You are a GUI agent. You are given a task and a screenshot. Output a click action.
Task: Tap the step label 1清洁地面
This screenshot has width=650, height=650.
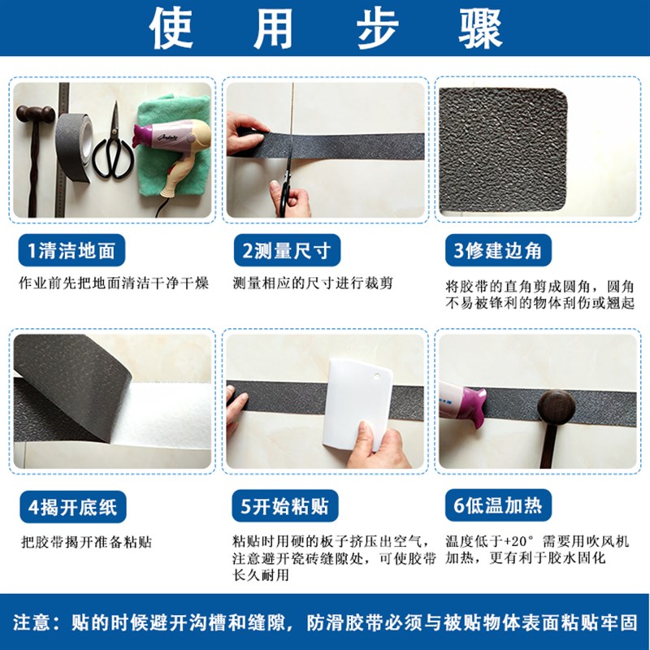(x=72, y=251)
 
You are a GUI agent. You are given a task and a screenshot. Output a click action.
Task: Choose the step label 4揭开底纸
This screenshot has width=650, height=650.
(x=72, y=507)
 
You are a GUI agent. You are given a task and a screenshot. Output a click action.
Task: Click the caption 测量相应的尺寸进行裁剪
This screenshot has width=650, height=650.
(x=313, y=284)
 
